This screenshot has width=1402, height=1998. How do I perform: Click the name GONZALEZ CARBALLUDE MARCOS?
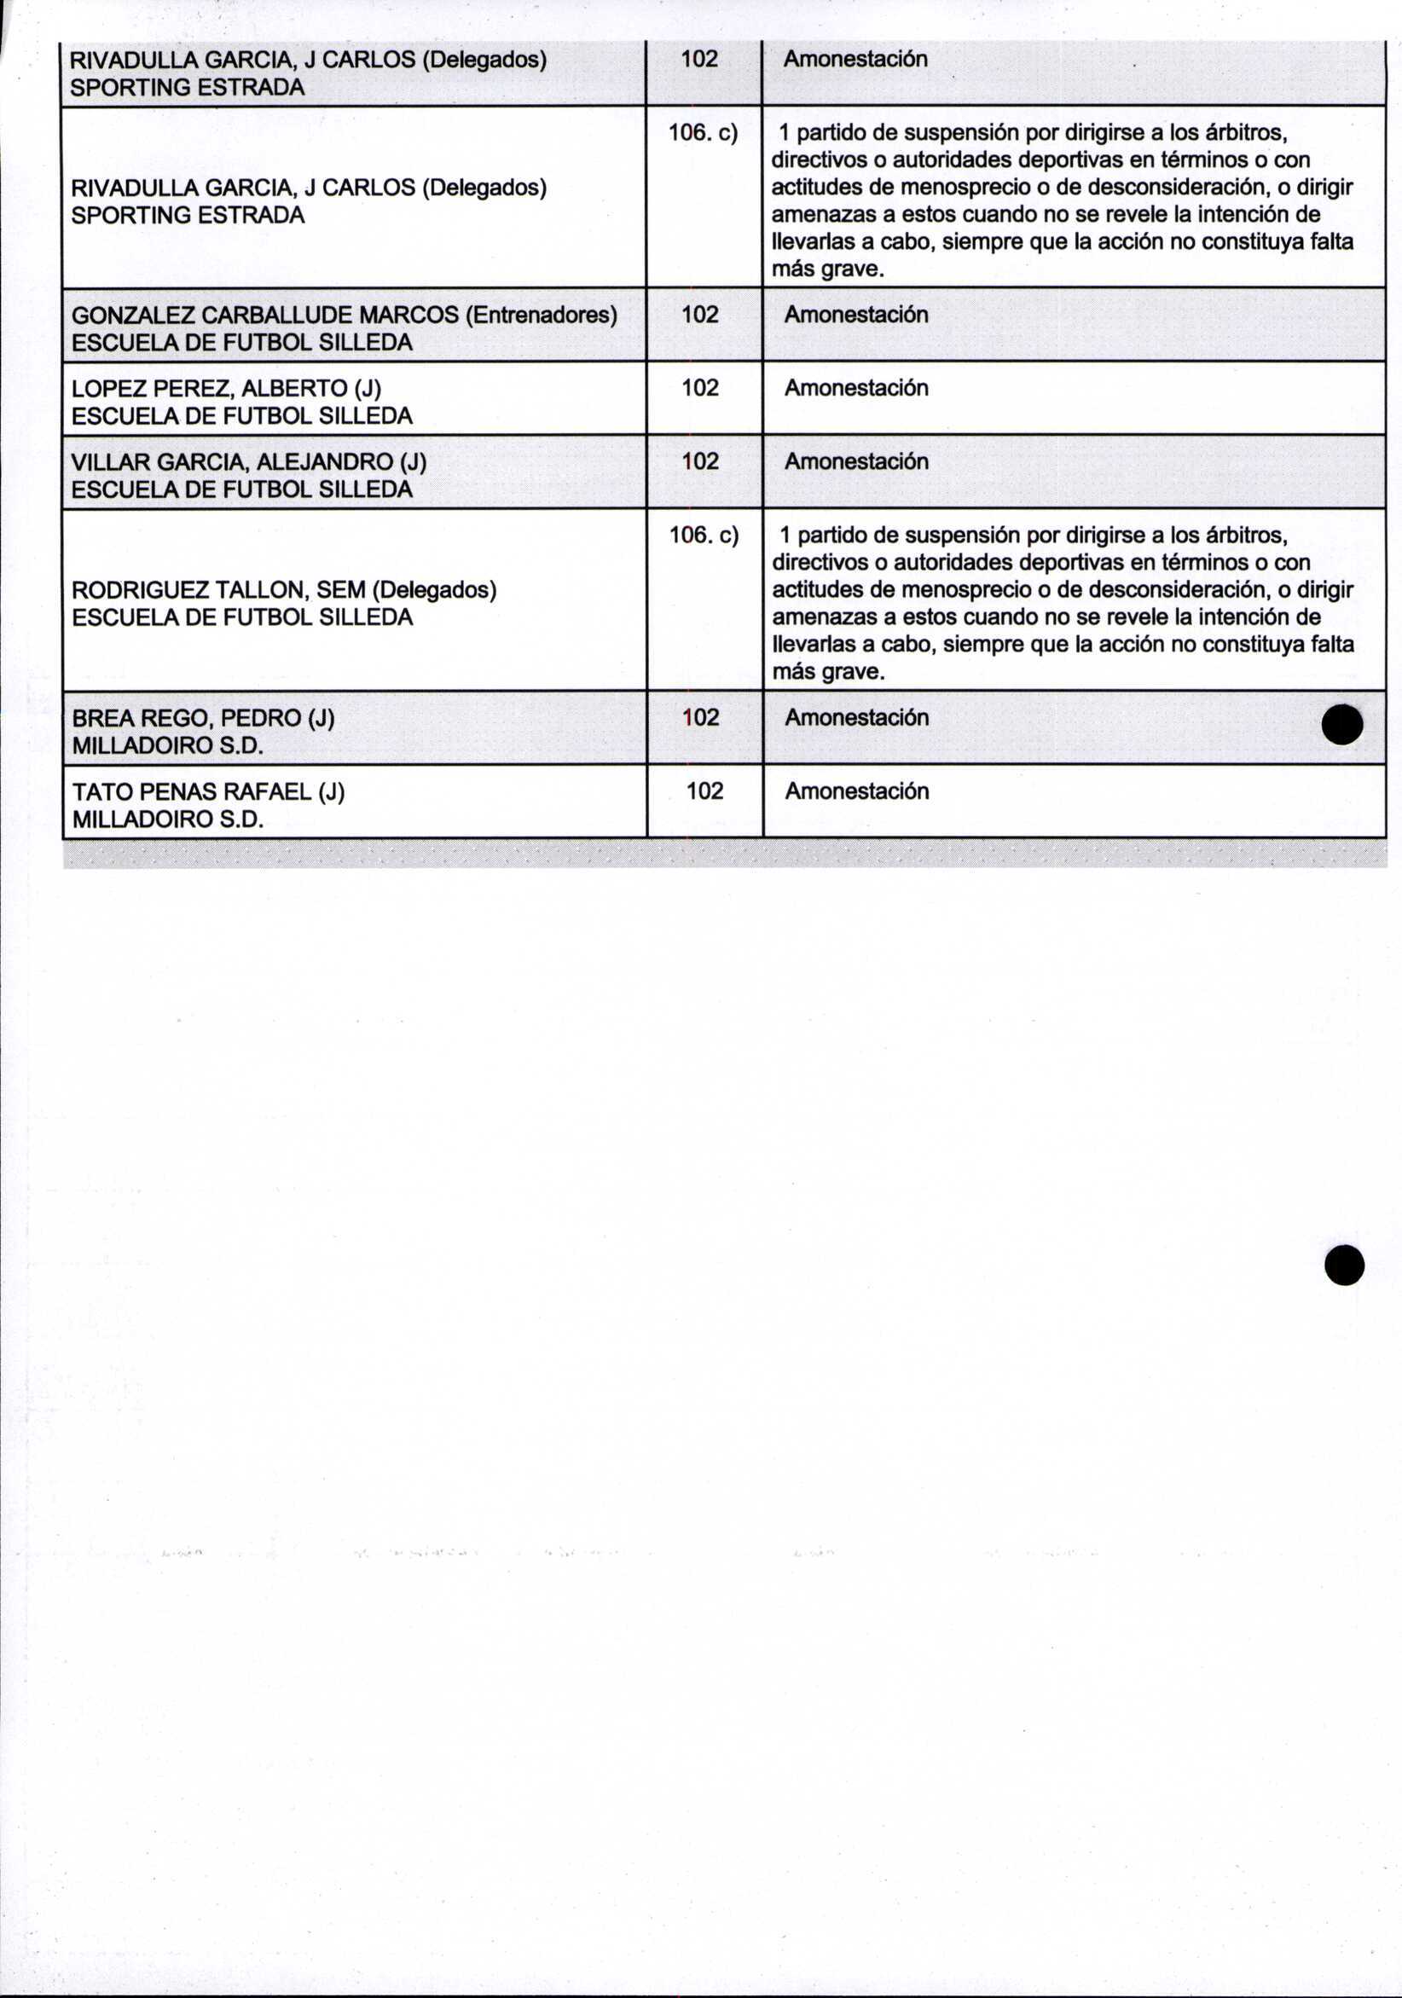pos(264,314)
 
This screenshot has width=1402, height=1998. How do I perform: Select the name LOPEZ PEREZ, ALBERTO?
pos(209,388)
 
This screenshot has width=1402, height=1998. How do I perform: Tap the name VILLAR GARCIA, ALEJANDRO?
pos(231,461)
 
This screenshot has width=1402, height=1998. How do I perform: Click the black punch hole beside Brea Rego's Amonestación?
pos(1341,724)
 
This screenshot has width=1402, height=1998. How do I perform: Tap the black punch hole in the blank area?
pos(1344,1265)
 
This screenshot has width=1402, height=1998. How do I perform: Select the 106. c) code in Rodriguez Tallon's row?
pos(704,536)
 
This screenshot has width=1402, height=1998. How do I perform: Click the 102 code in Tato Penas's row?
pos(704,791)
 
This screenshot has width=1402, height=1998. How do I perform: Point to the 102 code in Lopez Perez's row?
pos(700,387)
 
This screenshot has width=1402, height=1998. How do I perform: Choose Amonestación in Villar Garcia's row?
pos(856,461)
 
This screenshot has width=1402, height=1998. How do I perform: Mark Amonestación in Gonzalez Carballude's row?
pos(856,314)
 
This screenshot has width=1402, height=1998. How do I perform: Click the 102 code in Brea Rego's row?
pos(700,718)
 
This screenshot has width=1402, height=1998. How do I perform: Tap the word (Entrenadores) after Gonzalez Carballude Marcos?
pos(542,314)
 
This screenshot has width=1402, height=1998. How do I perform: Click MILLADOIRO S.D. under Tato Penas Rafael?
pos(167,819)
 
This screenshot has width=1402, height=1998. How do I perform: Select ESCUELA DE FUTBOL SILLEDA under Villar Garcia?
pos(242,489)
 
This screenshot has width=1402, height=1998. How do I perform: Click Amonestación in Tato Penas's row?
pos(856,791)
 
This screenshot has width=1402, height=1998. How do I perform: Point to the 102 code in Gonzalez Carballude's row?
pos(700,314)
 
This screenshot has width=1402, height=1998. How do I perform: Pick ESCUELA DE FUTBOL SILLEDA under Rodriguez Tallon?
pos(242,617)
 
